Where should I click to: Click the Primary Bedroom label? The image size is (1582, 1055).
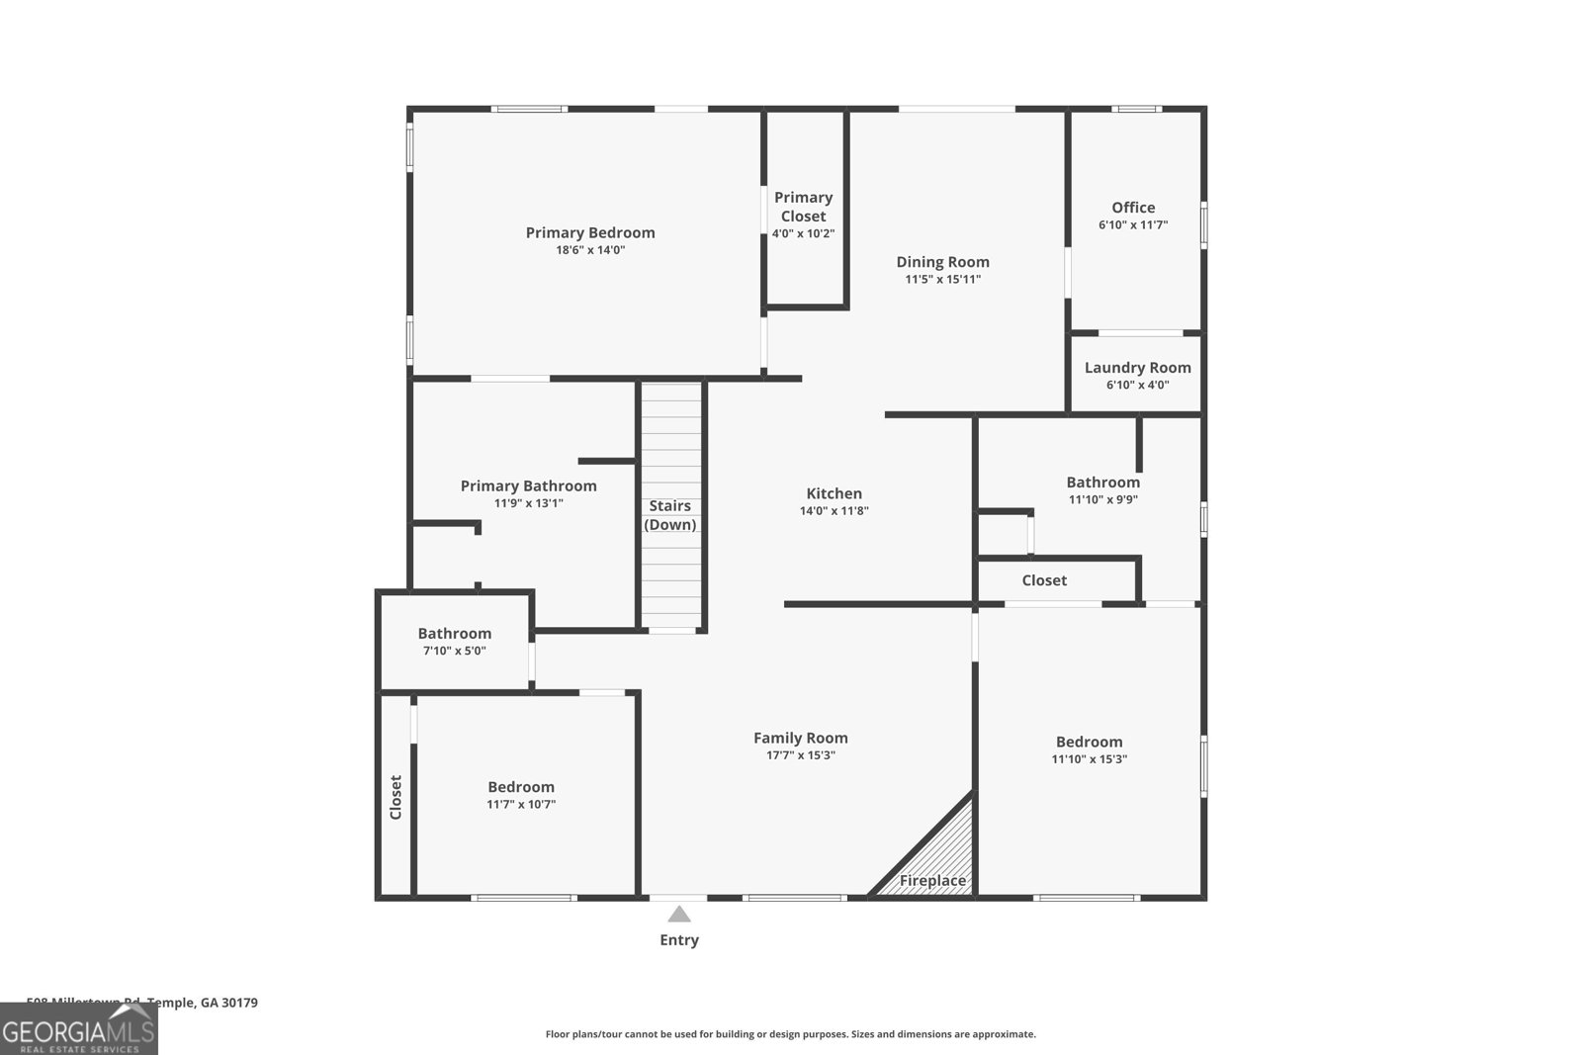[x=590, y=233]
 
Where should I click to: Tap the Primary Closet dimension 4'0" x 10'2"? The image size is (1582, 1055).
[x=803, y=234]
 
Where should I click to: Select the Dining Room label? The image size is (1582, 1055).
[x=942, y=262]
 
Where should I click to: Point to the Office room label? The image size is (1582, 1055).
[x=1133, y=208]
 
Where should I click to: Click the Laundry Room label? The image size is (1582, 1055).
[x=1137, y=368]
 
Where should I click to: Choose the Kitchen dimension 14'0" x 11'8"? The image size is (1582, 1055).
[x=834, y=511]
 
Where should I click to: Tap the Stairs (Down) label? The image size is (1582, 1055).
[x=670, y=515]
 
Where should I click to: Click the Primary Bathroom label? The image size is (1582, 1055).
[x=528, y=486]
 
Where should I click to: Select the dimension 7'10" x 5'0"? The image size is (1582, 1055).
[x=454, y=651]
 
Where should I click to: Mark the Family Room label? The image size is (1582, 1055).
[x=800, y=738]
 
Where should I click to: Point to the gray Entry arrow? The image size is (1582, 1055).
[x=678, y=915]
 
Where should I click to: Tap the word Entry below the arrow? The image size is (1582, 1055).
[x=679, y=940]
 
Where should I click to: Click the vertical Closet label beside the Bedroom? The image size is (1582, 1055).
[x=395, y=797]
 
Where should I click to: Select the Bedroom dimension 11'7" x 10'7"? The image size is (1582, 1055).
[x=521, y=805]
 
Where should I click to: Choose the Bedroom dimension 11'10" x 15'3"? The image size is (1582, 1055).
[x=1089, y=759]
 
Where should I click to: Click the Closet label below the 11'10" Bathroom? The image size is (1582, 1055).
[x=1044, y=580]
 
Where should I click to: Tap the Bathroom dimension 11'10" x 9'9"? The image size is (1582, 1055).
[x=1102, y=499]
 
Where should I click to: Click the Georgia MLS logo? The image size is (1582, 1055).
[x=78, y=1029]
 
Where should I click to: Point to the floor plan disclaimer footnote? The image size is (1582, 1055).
[x=790, y=1034]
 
